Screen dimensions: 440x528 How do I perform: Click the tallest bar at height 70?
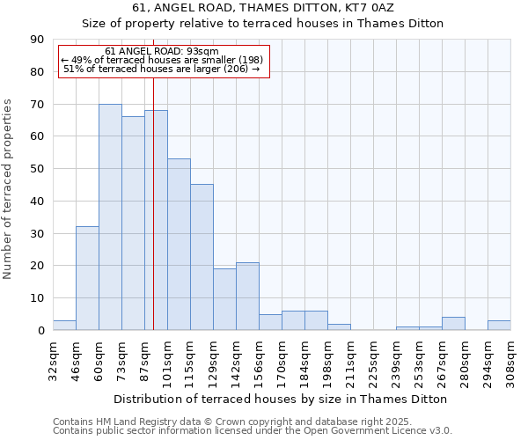click(x=110, y=217)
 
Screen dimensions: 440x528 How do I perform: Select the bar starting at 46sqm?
click(x=87, y=278)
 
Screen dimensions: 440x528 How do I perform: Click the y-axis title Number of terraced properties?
click(x=9, y=189)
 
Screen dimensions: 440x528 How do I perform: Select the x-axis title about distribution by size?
click(x=281, y=399)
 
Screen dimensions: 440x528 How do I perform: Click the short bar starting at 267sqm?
click(x=453, y=324)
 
